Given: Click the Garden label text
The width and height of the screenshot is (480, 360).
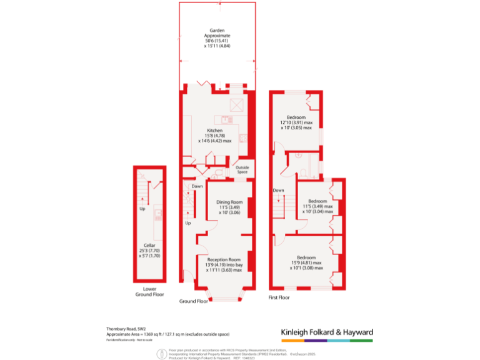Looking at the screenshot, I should click(216, 31).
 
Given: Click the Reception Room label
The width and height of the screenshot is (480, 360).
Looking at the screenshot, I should click(224, 259).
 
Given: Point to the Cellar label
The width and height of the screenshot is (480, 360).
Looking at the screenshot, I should click(149, 245).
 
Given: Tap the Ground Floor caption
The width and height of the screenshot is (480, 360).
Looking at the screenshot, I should click(193, 301).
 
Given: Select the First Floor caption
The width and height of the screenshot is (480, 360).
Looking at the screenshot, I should click(279, 297).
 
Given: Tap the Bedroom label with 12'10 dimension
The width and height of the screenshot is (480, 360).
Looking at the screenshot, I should click(296, 117).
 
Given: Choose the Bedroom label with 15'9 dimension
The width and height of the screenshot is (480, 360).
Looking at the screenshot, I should click(306, 257).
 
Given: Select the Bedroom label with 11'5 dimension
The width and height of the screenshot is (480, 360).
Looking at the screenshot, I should click(317, 201).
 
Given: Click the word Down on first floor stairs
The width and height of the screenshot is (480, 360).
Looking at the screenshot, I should click(278, 190).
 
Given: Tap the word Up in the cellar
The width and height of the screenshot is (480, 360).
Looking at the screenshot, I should click(142, 209).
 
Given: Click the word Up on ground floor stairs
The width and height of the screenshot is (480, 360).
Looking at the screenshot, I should click(187, 222).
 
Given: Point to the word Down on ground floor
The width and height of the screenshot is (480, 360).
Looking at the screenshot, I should click(197, 186).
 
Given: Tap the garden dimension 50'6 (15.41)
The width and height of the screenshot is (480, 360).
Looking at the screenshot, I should click(217, 41).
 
